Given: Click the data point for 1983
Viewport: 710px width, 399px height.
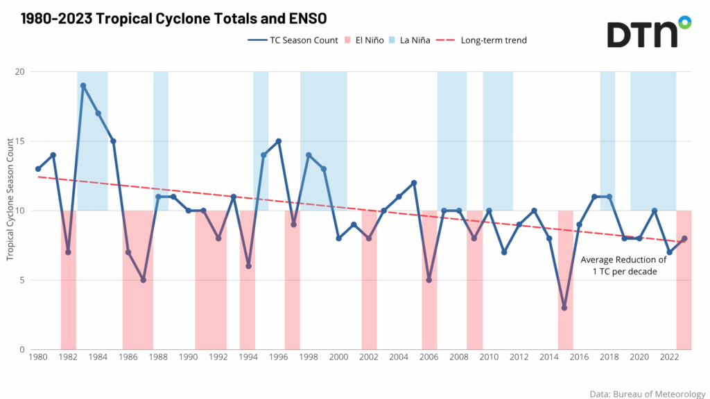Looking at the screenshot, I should [x=83, y=86].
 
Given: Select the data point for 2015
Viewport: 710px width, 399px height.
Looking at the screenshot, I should [x=564, y=308].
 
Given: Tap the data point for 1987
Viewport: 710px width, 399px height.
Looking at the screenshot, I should [x=144, y=280].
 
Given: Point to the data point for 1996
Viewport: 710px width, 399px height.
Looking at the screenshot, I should [x=279, y=141].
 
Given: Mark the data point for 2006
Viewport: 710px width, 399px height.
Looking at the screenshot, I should [x=429, y=280].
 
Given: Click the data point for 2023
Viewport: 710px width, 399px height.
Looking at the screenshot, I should [x=684, y=238].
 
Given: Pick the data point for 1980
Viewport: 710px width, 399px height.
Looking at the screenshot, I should [x=38, y=169].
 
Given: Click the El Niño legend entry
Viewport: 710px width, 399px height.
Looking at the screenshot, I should [x=364, y=40].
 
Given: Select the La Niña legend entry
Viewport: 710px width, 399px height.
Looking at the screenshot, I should [x=408, y=40].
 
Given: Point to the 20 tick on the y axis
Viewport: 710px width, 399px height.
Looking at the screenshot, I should [x=20, y=72].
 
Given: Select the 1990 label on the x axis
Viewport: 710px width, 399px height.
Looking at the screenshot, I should [x=188, y=357].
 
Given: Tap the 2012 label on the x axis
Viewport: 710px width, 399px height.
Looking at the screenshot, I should [x=519, y=357].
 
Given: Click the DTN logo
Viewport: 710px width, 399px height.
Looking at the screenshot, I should [x=649, y=32].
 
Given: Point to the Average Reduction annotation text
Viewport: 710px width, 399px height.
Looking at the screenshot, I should [x=623, y=266].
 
